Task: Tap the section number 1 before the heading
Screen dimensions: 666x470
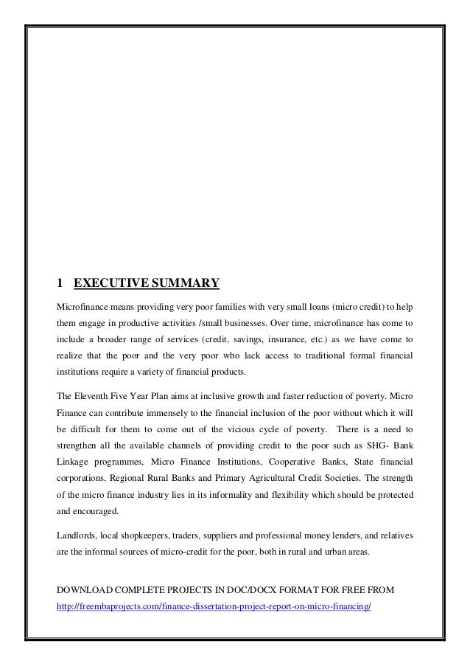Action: (x=60, y=282)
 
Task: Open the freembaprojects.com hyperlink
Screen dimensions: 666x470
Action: (x=214, y=607)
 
